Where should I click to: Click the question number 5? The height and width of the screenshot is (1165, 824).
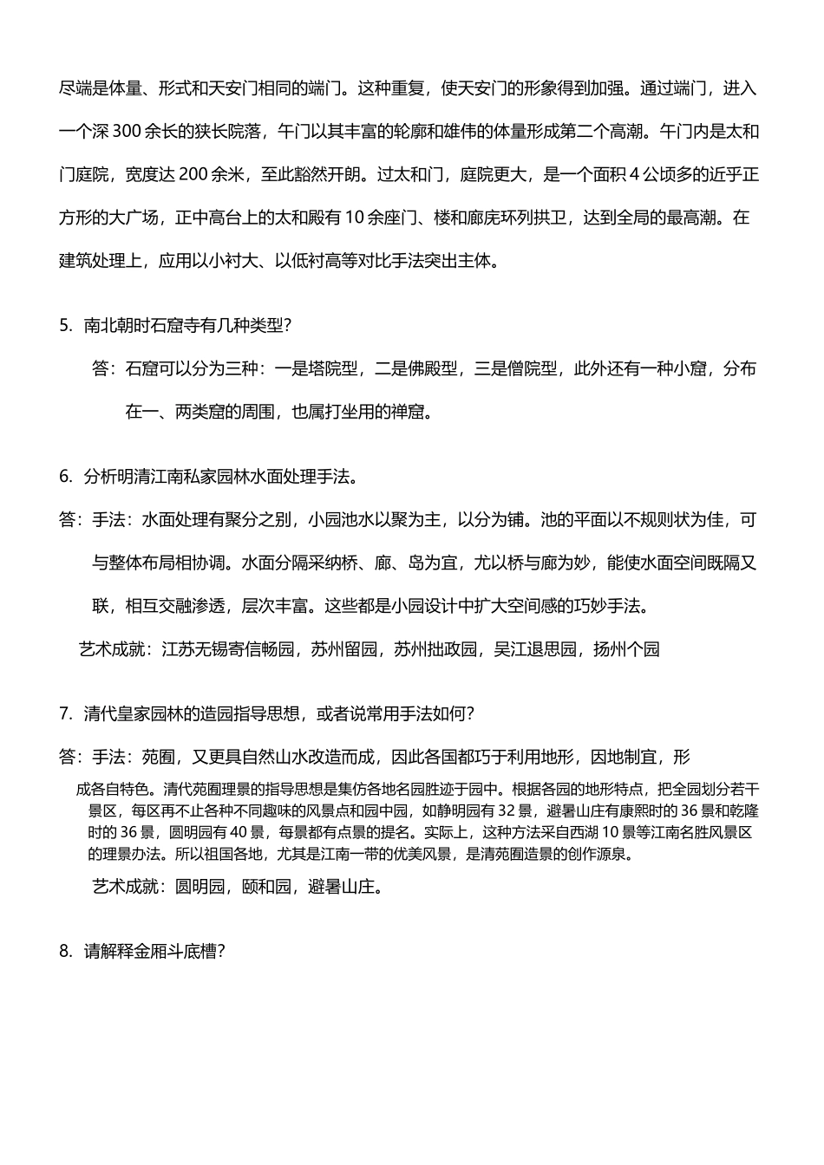(x=65, y=326)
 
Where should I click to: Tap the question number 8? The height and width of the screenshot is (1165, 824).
(x=65, y=951)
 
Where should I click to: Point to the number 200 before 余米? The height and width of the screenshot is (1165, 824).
(x=193, y=174)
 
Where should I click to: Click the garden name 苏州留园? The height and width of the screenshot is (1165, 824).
(x=344, y=649)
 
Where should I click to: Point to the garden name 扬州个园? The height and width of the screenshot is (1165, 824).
(x=626, y=649)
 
